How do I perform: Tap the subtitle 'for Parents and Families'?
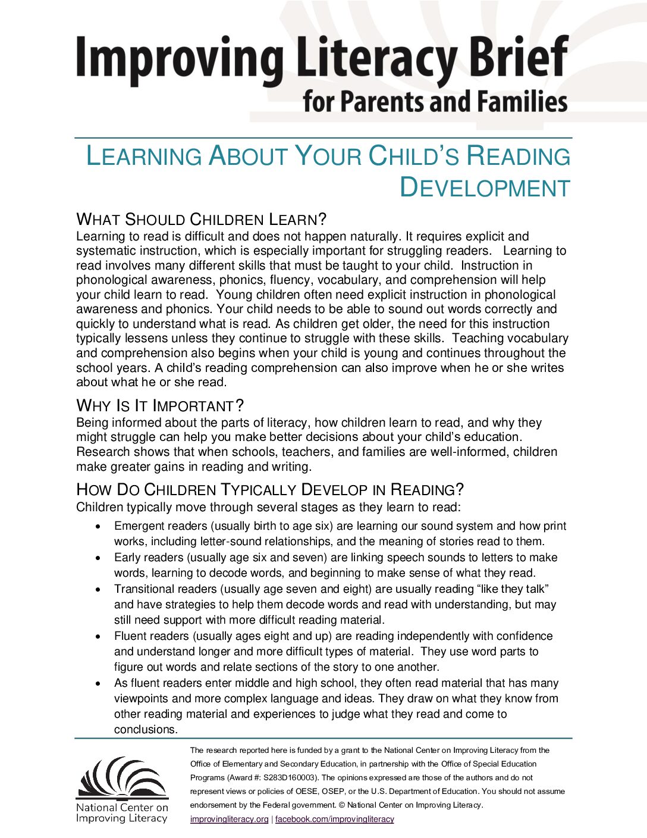click(x=435, y=102)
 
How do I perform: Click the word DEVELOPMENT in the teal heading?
click(x=485, y=187)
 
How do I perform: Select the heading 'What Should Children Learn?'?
click(x=202, y=220)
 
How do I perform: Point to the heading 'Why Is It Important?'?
click(x=160, y=406)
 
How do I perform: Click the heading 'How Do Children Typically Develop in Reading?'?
click(x=270, y=490)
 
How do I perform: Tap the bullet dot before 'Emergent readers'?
click(x=99, y=527)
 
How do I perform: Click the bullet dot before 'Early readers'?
click(x=99, y=558)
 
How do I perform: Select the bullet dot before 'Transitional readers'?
click(x=99, y=589)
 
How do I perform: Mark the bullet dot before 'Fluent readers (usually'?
click(x=99, y=637)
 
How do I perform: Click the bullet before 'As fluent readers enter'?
click(x=99, y=684)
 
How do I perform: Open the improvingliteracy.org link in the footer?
click(x=229, y=819)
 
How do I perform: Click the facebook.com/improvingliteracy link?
click(x=334, y=819)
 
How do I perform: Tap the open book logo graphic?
click(x=123, y=777)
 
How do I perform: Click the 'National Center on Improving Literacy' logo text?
click(x=122, y=813)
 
